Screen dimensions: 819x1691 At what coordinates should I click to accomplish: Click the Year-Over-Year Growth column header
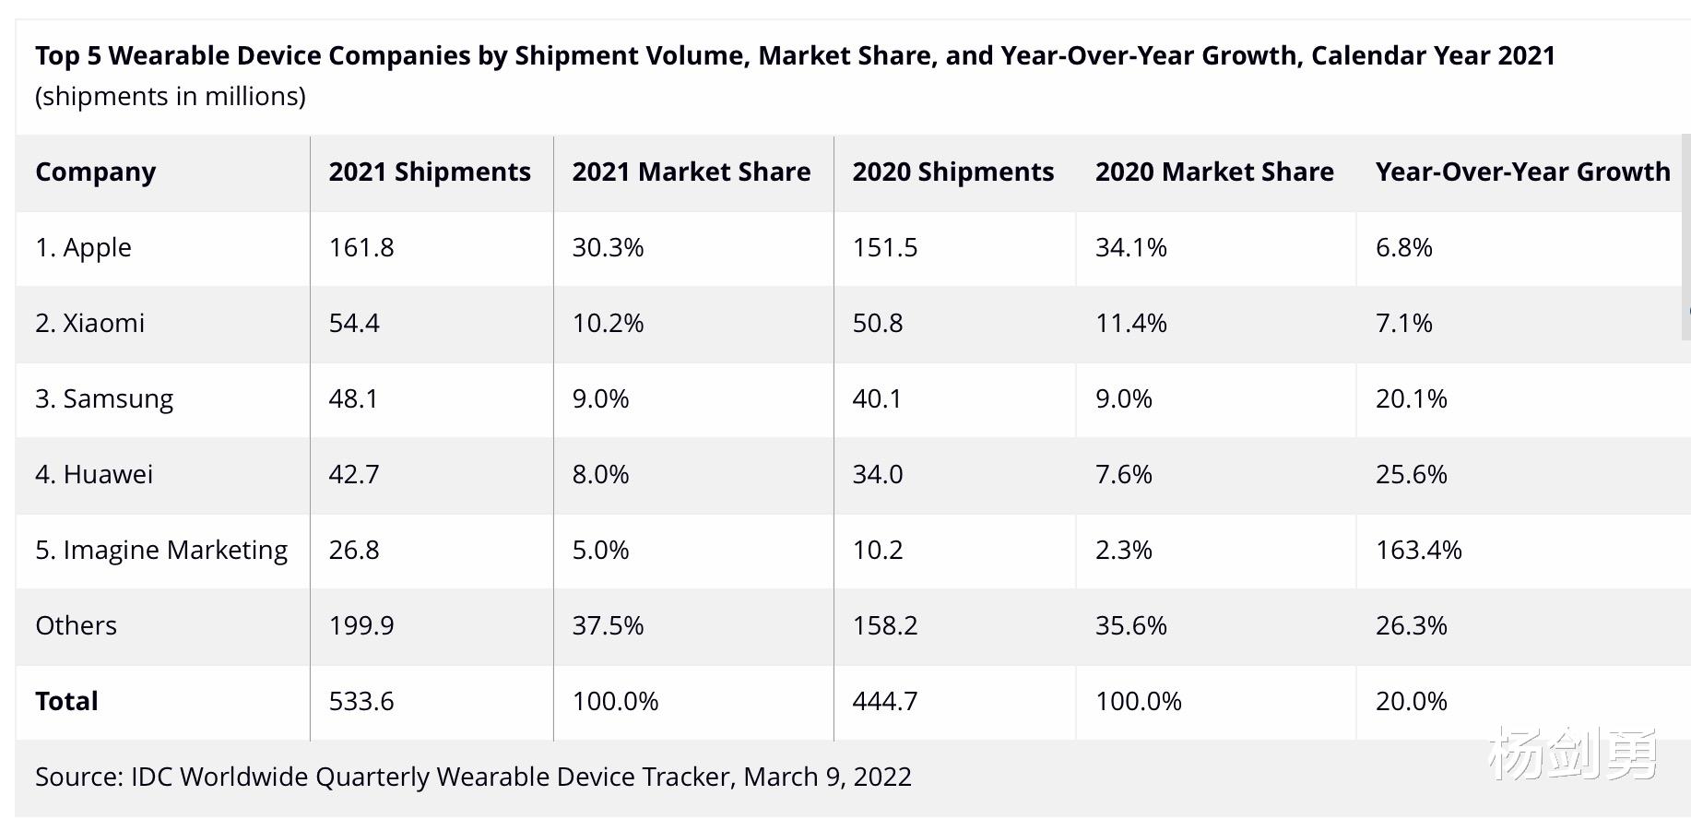coord(1522,172)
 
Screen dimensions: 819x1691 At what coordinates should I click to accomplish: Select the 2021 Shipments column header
coord(430,172)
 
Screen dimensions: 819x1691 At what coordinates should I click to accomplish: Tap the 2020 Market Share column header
coord(1214,172)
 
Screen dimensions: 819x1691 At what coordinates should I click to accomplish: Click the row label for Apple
coord(83,248)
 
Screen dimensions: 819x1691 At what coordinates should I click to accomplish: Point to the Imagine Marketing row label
coord(161,551)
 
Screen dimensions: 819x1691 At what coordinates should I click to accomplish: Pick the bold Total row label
coord(66,702)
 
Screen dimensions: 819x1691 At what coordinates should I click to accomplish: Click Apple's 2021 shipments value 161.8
coord(361,248)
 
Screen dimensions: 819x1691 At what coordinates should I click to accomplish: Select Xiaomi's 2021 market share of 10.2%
coord(608,324)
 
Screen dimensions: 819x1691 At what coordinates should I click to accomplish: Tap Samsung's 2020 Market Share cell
coord(1123,399)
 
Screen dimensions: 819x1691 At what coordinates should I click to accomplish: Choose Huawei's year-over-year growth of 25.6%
coord(1411,475)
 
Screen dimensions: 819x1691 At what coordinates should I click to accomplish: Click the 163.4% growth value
coord(1418,551)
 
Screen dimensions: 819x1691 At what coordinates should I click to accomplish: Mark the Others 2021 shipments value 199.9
coord(361,626)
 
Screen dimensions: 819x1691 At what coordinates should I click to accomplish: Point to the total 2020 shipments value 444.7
coord(885,702)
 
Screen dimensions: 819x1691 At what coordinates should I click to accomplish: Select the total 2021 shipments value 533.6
coord(361,702)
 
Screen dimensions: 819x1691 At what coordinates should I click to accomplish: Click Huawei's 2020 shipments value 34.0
coord(877,475)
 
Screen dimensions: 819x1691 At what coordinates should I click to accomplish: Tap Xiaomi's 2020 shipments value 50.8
coord(877,324)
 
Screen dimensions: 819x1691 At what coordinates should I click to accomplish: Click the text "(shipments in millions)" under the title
coord(171,97)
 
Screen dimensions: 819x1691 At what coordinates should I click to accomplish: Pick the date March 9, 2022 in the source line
coord(827,777)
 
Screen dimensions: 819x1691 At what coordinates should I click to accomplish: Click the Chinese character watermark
coord(1572,754)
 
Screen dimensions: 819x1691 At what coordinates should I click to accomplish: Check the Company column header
coord(96,172)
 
